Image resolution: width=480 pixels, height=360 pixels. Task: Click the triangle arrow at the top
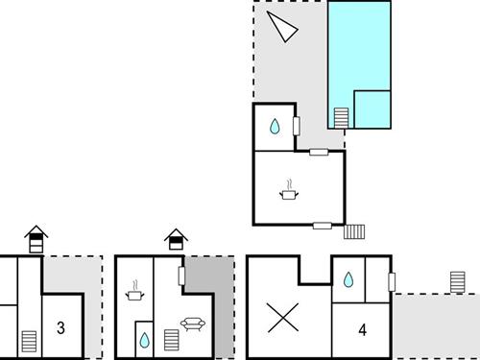[284, 27]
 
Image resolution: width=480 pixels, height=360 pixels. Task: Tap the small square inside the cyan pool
[372, 108]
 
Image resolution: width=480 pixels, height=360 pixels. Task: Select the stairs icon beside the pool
[341, 117]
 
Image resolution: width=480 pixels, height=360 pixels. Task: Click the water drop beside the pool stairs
[275, 126]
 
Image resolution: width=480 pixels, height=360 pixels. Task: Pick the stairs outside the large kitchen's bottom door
[354, 230]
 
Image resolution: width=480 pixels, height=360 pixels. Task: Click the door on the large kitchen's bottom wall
[323, 226]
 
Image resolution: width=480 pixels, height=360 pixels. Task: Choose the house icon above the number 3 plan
[36, 238]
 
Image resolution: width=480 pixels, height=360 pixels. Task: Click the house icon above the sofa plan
[175, 238]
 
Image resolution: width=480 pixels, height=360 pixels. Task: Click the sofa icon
[191, 324]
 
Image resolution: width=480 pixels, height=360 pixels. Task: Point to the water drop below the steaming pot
[144, 340]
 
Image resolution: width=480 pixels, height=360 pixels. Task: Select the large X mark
[281, 317]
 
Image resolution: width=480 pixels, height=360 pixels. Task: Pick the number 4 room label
[363, 330]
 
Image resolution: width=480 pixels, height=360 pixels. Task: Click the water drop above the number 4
[347, 279]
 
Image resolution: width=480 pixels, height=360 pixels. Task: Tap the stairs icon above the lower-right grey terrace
[458, 282]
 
